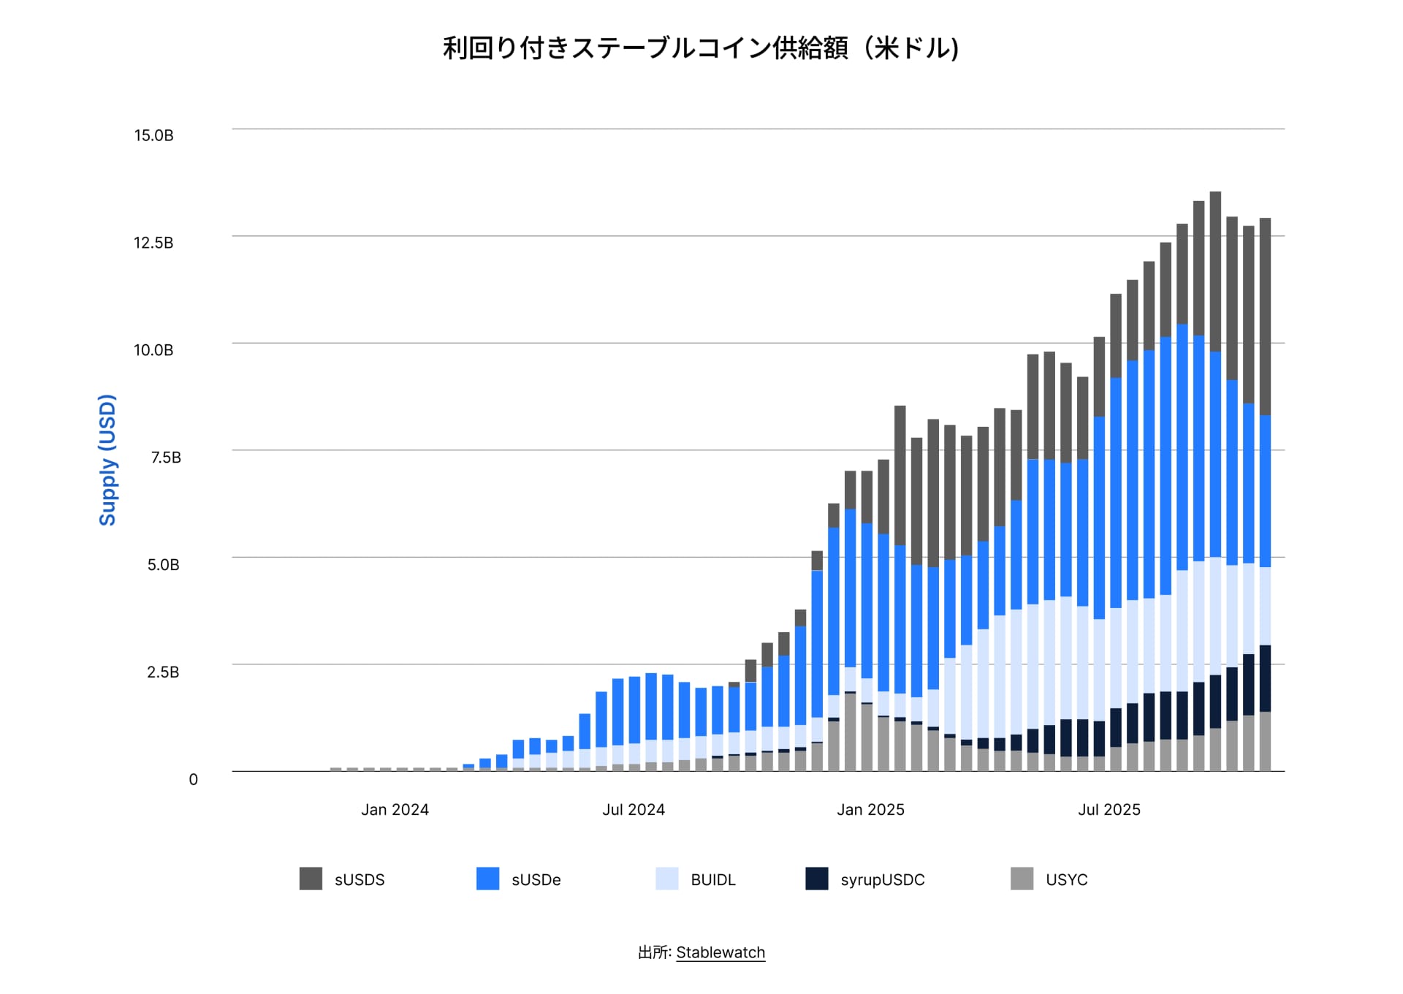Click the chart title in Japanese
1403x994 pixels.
[x=700, y=48]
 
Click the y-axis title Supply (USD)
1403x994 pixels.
[x=107, y=460]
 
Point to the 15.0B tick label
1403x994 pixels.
[x=153, y=135]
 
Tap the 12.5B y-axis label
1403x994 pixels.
[x=153, y=243]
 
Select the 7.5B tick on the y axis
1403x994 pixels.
[x=166, y=458]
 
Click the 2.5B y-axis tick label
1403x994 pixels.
[x=163, y=672]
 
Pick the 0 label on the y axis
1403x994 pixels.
[x=193, y=779]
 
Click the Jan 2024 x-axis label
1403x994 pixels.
[x=395, y=810]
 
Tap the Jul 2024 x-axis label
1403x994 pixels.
[x=633, y=810]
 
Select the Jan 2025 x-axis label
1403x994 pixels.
[x=870, y=810]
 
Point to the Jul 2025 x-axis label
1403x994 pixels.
[x=1109, y=810]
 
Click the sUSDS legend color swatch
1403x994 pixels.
[x=311, y=879]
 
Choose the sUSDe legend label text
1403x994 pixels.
[x=536, y=880]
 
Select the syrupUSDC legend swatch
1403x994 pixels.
[x=816, y=879]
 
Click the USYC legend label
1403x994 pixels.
[x=1066, y=880]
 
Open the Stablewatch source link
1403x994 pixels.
[x=720, y=952]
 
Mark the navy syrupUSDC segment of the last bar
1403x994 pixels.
[x=1265, y=678]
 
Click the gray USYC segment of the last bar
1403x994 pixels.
[x=1265, y=741]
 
